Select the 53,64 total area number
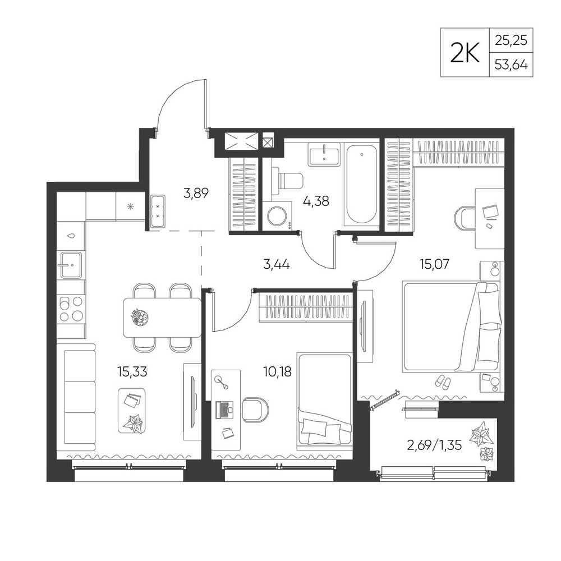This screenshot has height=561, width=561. (x=511, y=65)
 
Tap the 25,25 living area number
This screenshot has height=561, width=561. (x=511, y=40)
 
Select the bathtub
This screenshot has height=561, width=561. (x=361, y=185)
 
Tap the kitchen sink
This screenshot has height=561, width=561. (x=71, y=265)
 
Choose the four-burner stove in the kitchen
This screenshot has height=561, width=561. (x=71, y=309)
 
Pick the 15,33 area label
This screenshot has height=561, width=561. (x=132, y=372)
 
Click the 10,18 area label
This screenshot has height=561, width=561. (x=277, y=372)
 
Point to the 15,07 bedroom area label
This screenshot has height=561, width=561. (x=434, y=264)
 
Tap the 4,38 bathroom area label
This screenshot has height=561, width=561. (x=316, y=201)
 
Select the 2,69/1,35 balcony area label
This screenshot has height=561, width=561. (x=434, y=445)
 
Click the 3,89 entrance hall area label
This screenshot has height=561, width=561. (x=196, y=194)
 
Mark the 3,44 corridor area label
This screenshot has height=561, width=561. (x=276, y=265)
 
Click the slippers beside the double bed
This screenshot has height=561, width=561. (x=444, y=382)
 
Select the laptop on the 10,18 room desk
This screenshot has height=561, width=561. (x=224, y=410)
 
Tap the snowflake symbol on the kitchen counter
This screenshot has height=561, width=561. (x=131, y=206)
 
